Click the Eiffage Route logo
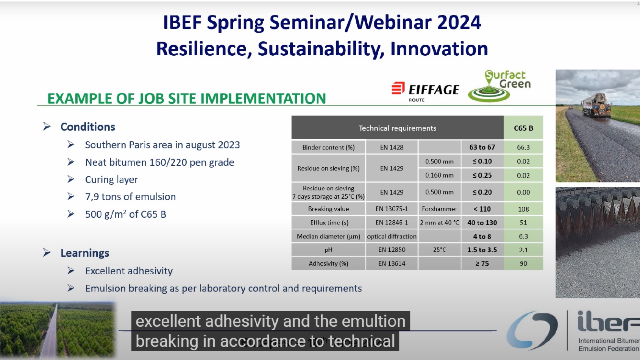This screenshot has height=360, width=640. click(425, 91)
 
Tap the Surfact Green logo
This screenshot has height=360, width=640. click(500, 86)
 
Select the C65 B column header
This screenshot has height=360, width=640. click(523, 128)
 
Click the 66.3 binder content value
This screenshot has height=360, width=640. click(523, 147)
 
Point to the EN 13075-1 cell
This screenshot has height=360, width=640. click(392, 209)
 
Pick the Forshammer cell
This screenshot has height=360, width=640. click(439, 209)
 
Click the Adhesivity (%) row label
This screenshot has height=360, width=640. click(328, 263)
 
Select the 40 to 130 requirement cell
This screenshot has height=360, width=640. click(482, 223)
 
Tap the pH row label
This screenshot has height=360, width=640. click(328, 250)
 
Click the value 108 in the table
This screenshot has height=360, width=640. click(523, 209)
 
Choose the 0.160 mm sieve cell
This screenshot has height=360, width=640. click(439, 175)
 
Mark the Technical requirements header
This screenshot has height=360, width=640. click(397, 128)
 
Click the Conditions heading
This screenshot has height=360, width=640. click(88, 127)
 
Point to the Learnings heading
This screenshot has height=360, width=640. click(85, 253)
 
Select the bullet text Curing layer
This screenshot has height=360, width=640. click(111, 179)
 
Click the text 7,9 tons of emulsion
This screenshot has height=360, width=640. click(130, 197)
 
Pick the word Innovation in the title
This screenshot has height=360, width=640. click(439, 48)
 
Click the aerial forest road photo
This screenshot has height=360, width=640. click(58, 329)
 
